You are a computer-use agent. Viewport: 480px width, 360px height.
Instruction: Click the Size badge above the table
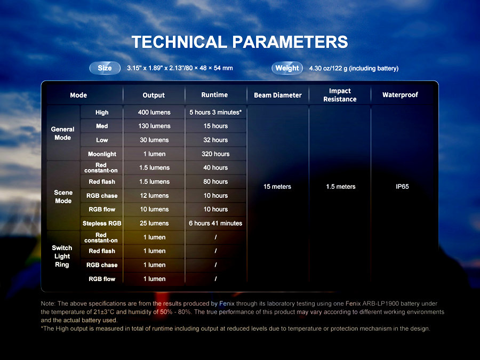[105, 68]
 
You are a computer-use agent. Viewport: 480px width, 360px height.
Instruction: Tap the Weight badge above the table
[287, 68]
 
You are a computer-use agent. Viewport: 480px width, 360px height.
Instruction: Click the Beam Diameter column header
[278, 95]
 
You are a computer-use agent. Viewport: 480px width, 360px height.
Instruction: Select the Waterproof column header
[400, 95]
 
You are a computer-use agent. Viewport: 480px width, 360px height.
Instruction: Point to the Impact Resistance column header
[340, 95]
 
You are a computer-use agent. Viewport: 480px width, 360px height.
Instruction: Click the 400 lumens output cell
[154, 113]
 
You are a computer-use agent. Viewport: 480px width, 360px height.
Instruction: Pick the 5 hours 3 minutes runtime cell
[215, 113]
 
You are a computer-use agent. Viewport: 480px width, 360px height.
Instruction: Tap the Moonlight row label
[102, 154]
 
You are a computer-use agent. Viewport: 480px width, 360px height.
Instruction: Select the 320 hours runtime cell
[215, 154]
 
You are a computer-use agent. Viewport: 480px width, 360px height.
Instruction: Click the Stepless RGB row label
[102, 223]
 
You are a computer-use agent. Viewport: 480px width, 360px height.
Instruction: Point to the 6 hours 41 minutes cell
[215, 223]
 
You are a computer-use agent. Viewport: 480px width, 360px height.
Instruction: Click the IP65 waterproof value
[402, 187]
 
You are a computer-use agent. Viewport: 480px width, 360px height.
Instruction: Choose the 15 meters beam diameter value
[277, 187]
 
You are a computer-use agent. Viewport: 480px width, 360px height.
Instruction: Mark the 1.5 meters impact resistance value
[341, 187]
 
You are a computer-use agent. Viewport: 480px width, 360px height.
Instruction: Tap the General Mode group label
[63, 133]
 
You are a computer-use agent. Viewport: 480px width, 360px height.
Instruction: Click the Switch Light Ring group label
[62, 256]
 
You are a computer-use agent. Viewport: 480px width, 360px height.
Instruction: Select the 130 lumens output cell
[154, 126]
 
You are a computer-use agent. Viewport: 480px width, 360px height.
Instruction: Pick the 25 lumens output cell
[154, 223]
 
